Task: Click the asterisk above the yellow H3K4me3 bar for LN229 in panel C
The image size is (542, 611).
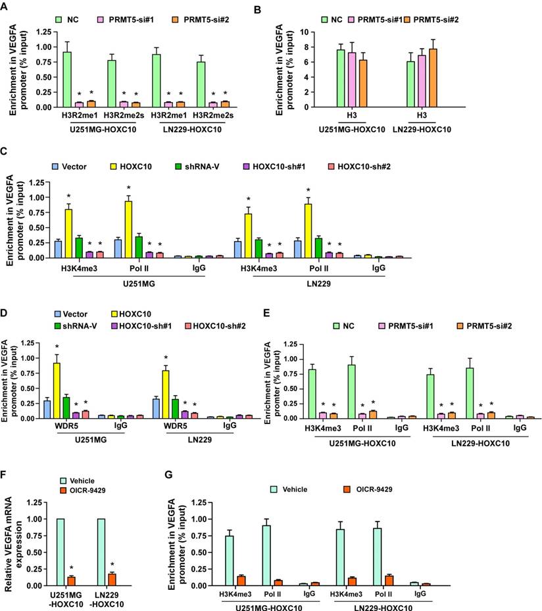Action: (249, 199)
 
